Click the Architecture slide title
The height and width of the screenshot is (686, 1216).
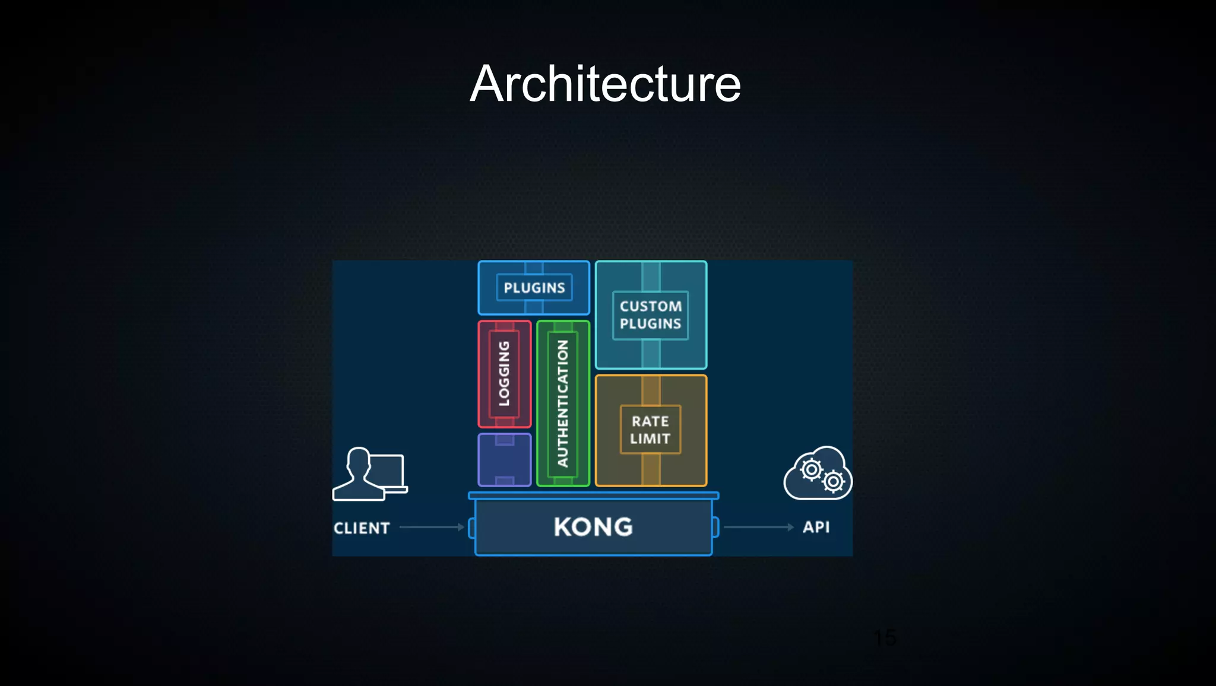pyautogui.click(x=605, y=84)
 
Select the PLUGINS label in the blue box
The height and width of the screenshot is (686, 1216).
pyautogui.click(x=534, y=288)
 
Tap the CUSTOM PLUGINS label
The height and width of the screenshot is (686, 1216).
pyautogui.click(x=650, y=315)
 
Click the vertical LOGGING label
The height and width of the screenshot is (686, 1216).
pyautogui.click(x=504, y=374)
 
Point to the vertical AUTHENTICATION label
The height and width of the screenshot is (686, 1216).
pyautogui.click(x=562, y=403)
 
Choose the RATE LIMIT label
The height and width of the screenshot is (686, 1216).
pyautogui.click(x=650, y=430)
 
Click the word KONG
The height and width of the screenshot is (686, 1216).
pyautogui.click(x=593, y=527)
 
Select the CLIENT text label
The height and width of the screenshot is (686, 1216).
pyautogui.click(x=362, y=528)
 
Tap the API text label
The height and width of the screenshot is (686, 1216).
pyautogui.click(x=816, y=527)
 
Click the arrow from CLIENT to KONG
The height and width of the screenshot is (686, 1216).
pyautogui.click(x=432, y=527)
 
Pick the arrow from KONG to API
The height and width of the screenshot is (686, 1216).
pyautogui.click(x=758, y=527)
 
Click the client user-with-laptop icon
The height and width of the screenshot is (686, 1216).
pyautogui.click(x=369, y=475)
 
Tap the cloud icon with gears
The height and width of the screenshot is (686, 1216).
pyautogui.click(x=818, y=474)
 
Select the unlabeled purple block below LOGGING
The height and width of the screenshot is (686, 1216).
pyautogui.click(x=504, y=460)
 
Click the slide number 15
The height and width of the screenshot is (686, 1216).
pyautogui.click(x=885, y=638)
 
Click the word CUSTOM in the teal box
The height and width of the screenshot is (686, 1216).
pyautogui.click(x=650, y=306)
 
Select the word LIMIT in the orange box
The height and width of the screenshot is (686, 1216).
pyautogui.click(x=650, y=439)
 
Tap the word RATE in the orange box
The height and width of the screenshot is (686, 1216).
pyautogui.click(x=650, y=421)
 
